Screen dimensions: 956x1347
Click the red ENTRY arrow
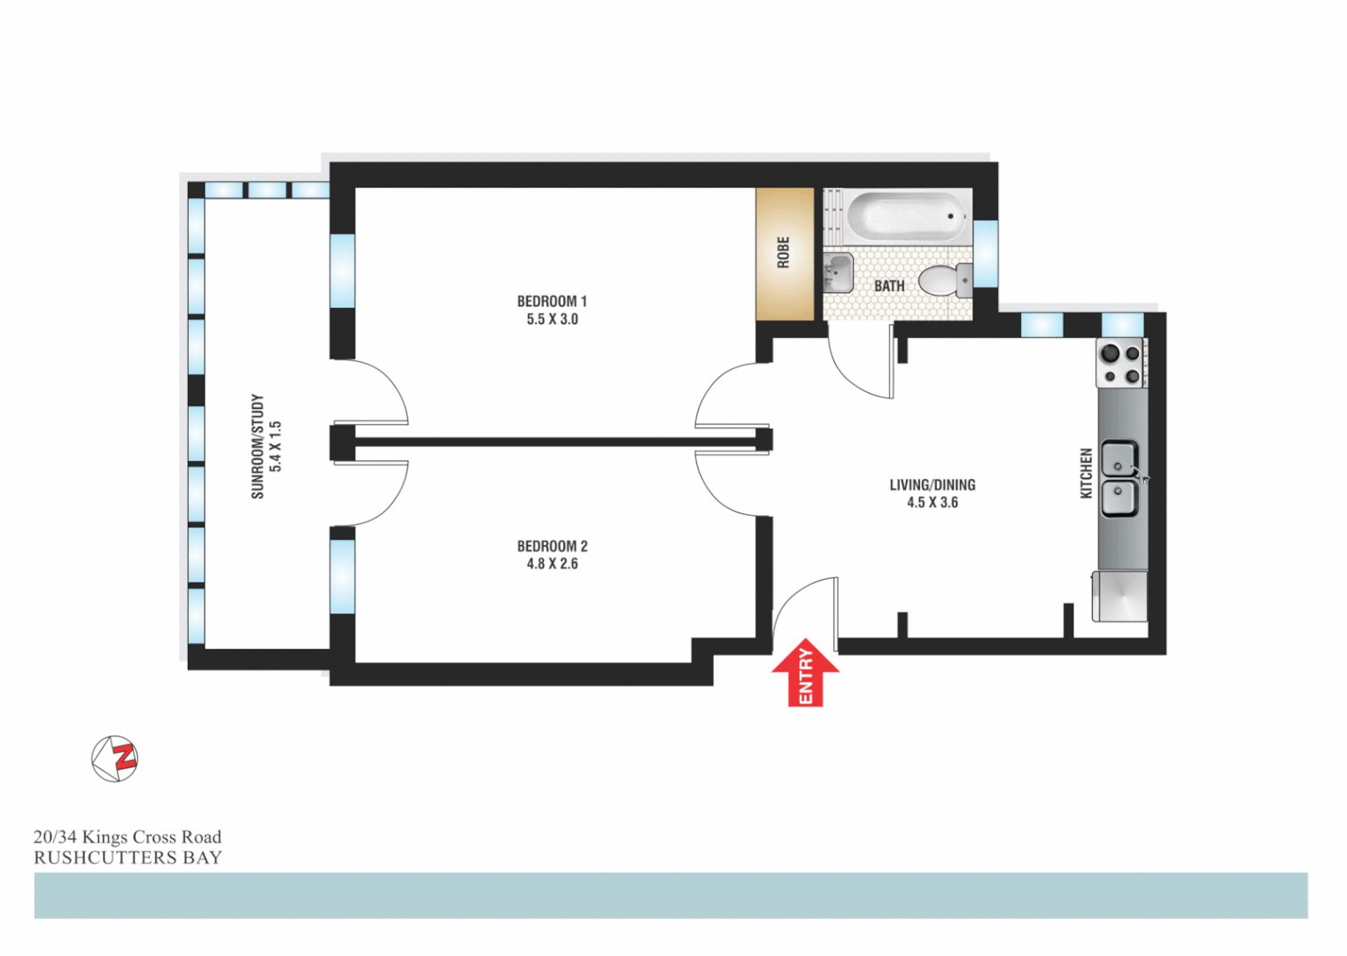click(805, 674)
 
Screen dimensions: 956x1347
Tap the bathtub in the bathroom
click(905, 216)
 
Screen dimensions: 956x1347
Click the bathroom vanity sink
click(838, 273)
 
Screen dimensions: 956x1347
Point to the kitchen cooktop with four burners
click(1121, 364)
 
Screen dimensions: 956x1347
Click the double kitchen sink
click(1120, 479)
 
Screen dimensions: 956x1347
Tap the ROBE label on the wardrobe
click(783, 252)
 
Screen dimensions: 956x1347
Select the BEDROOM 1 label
click(552, 302)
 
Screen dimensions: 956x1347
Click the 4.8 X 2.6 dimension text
click(552, 564)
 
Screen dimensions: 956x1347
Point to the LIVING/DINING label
click(932, 485)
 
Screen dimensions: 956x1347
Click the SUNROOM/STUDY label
click(258, 446)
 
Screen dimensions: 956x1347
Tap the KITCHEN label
click(1086, 474)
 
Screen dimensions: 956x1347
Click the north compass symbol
click(115, 759)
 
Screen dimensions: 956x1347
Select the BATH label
click(889, 286)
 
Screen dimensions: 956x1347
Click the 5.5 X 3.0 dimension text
click(552, 320)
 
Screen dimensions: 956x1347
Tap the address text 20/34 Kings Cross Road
click(128, 836)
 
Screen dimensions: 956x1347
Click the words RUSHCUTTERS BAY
click(128, 858)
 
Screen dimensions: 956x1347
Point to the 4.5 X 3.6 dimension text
click(932, 503)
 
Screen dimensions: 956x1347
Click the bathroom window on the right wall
click(986, 253)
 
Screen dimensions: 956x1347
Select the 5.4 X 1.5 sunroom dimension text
click(275, 446)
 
